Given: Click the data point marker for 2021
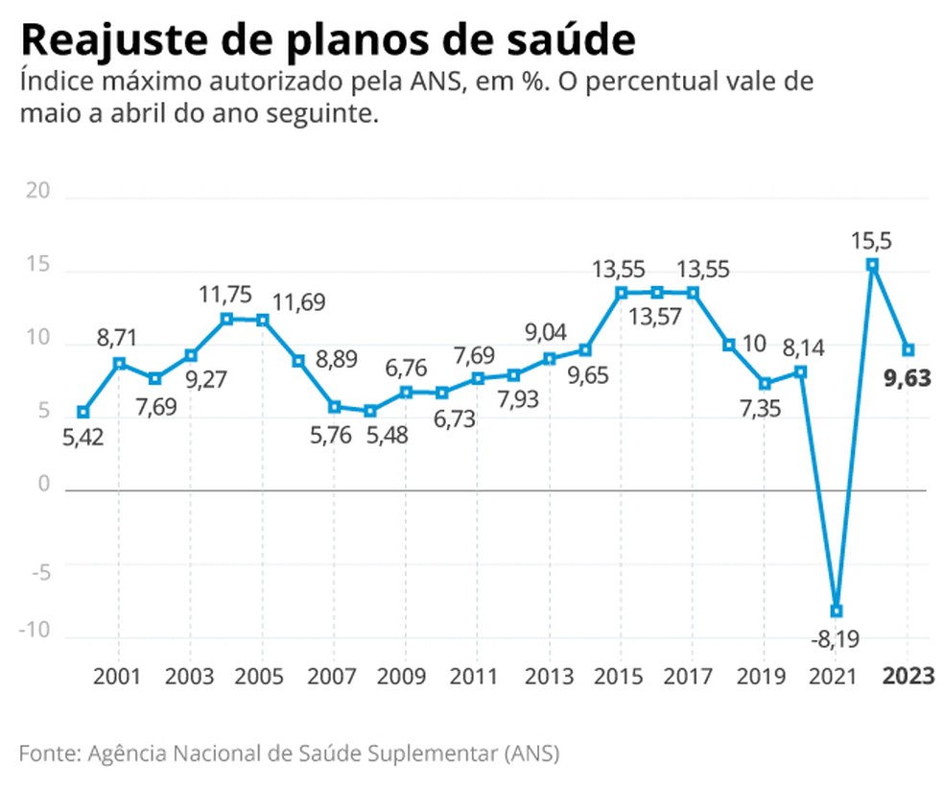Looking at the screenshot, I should pos(837,610).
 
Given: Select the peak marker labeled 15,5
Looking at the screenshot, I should pos(872,265).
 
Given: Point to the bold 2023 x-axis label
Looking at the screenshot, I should pos(908,676).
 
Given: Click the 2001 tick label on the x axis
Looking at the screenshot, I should pos(118,676).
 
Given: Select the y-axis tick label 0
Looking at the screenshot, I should pos(43,485).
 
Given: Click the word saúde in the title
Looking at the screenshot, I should pos(574,40).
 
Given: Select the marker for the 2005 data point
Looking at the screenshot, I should pos(263,320).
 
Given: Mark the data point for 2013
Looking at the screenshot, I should pos(550,358).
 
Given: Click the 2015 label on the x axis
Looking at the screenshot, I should pos(621,676).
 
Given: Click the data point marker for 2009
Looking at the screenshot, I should pos(406,392).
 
